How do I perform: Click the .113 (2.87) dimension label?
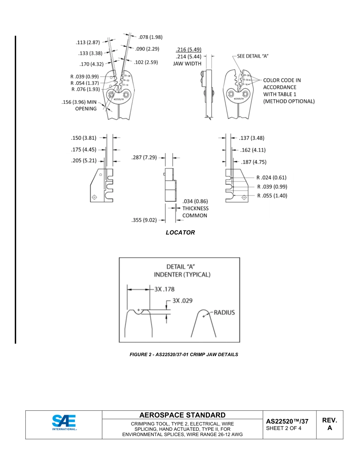[87, 42]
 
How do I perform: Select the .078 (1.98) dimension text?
[150, 37]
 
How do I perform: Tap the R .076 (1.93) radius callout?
[85, 89]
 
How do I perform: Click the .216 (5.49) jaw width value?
[188, 50]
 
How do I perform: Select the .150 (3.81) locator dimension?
[83, 138]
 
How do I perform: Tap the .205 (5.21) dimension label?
[83, 161]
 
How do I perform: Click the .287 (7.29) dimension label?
[144, 158]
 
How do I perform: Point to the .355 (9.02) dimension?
[144, 220]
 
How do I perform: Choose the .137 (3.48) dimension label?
[252, 138]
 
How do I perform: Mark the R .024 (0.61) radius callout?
[271, 177]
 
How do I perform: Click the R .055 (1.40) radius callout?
[272, 196]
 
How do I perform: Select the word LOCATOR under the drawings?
[180, 233]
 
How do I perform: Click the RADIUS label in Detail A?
[224, 313]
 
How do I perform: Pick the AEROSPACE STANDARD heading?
[182, 415]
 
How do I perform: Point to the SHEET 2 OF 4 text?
[284, 428]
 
